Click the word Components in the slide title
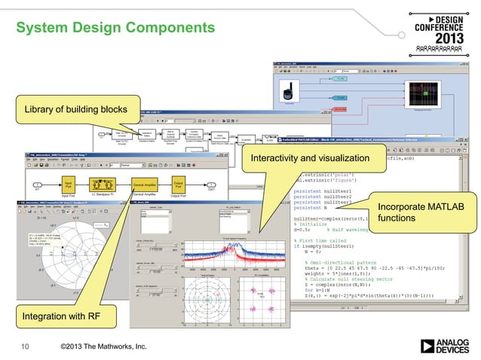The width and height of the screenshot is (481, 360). pyautogui.click(x=165, y=29)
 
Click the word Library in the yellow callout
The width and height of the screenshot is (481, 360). pyautogui.click(x=42, y=112)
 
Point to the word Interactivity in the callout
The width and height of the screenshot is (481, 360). pyautogui.click(x=280, y=159)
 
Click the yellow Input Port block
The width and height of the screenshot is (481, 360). pyautogui.click(x=69, y=185)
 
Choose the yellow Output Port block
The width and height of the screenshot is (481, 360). pyautogui.click(x=179, y=185)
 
